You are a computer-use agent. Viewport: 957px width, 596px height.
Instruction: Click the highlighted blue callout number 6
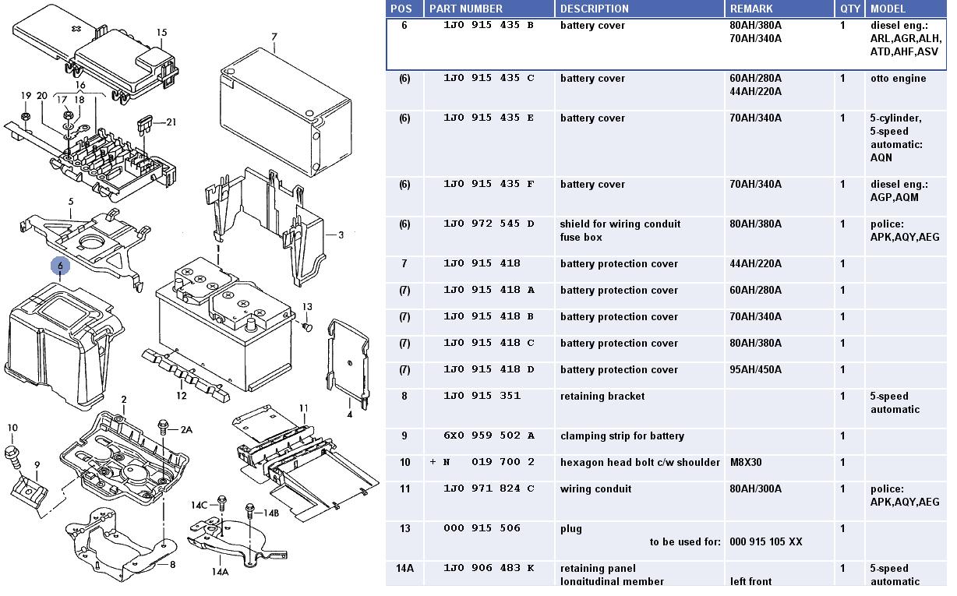[x=61, y=266]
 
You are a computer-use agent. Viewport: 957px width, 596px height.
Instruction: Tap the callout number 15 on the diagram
[x=161, y=33]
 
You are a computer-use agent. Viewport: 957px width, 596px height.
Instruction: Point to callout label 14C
[x=200, y=505]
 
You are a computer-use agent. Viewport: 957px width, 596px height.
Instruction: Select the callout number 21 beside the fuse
[x=171, y=122]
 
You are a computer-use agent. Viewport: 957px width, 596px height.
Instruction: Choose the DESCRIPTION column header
[x=594, y=9]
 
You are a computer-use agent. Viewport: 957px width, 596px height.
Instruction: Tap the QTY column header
[x=850, y=9]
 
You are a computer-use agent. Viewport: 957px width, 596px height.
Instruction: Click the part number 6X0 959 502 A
[x=489, y=436]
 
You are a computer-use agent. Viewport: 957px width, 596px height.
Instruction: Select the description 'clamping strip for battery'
[x=622, y=436]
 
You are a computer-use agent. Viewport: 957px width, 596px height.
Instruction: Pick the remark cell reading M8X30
[x=746, y=463]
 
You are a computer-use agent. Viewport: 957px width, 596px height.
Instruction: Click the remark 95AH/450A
[x=755, y=370]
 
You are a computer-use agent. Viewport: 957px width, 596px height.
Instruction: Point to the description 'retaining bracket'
[x=602, y=397]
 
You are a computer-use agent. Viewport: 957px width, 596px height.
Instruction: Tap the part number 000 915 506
[x=489, y=529]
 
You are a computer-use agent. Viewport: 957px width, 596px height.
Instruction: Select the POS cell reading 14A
[x=404, y=569]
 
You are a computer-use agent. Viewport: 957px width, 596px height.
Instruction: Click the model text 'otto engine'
[x=898, y=79]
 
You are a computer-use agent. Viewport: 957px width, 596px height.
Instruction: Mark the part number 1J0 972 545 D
[x=489, y=224]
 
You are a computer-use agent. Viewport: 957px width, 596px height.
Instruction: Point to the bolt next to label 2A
[x=163, y=425]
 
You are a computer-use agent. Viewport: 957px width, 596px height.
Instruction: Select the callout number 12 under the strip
[x=181, y=395]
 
